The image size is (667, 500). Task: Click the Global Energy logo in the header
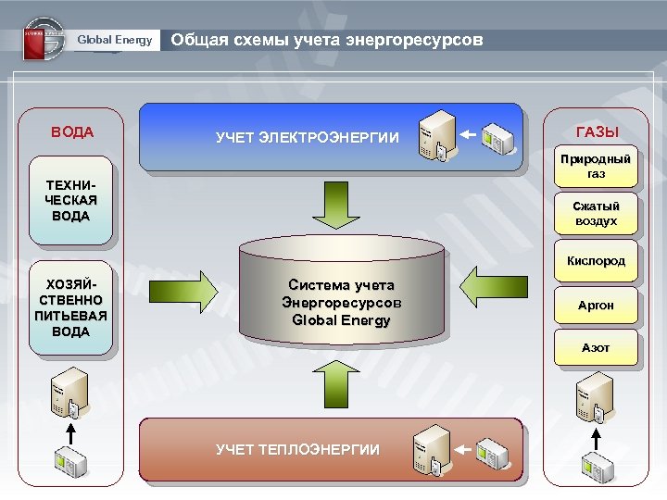pos(44,39)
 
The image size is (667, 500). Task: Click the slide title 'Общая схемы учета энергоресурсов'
pos(327,40)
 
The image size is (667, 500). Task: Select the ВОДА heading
pos(72,131)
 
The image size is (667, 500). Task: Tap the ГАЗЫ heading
pos(597,131)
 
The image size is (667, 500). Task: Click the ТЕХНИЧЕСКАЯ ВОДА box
pos(71,202)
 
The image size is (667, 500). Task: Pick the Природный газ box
pos(596,166)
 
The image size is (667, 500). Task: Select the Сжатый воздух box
pos(596,214)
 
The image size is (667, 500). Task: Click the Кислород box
pos(596,261)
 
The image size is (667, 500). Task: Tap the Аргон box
pos(596,305)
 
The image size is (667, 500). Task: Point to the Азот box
pos(596,348)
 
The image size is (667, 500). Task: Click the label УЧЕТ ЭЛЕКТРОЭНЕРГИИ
pos(308,138)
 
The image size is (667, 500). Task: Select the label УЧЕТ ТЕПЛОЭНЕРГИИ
pos(297,449)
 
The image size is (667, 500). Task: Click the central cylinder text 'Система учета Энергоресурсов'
pos(341,302)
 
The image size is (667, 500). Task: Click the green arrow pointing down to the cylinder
pos(342,203)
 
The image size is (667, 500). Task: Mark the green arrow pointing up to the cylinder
pos(342,382)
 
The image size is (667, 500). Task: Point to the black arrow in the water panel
pos(71,431)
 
